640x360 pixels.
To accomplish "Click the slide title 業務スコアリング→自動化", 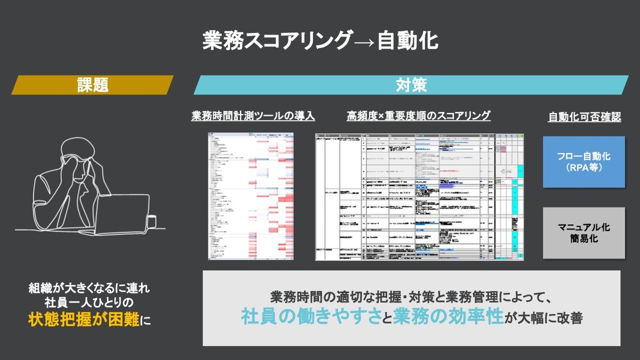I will tap(320, 41).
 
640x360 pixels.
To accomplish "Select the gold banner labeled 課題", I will tap(92, 85).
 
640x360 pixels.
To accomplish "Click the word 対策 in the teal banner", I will tap(411, 85).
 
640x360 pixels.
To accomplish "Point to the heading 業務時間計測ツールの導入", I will tap(253, 116).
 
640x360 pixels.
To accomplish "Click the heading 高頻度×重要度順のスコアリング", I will tap(419, 116).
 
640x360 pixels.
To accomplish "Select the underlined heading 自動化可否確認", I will tap(584, 117).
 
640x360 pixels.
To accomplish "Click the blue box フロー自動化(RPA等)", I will tap(583, 162).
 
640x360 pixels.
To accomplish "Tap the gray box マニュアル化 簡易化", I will tap(583, 233).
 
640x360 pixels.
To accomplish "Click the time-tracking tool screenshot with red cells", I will tap(251, 196).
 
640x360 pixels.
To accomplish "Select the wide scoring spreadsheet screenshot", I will tap(420, 197).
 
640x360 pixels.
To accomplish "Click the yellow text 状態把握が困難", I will tap(84, 320).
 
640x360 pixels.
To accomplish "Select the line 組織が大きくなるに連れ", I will tap(90, 289).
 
